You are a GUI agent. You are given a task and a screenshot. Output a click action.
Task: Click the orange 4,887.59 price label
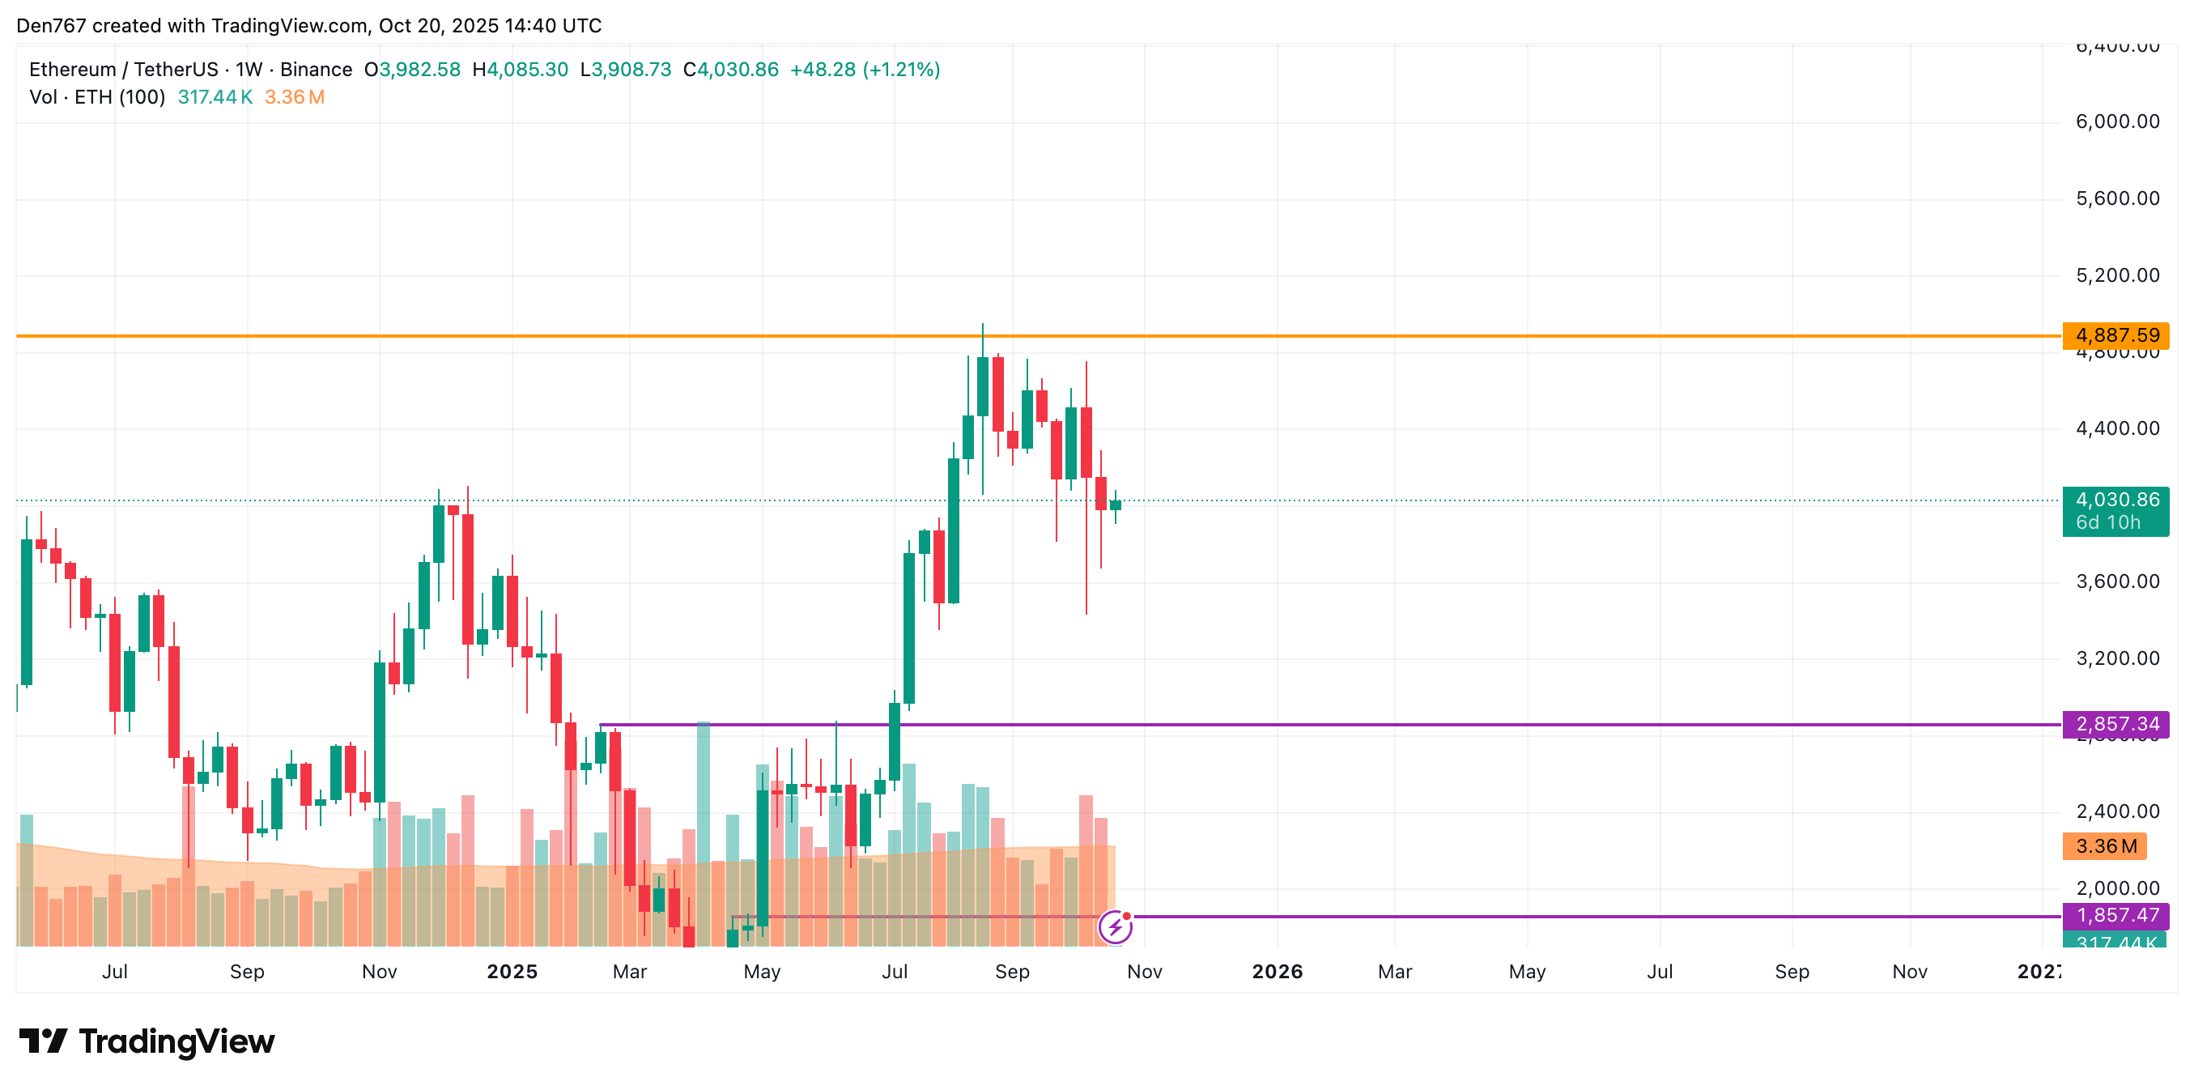[2115, 336]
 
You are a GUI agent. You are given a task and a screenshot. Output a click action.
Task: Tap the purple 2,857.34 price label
[2115, 725]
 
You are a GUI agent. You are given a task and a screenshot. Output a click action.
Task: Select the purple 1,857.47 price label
[2115, 915]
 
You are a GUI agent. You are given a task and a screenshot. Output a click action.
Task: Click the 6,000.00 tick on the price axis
[2117, 121]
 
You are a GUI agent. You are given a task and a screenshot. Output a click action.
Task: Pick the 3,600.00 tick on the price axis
[2117, 582]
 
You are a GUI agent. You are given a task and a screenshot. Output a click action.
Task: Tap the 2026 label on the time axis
[1277, 972]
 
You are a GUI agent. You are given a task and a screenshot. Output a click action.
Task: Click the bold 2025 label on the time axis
[512, 972]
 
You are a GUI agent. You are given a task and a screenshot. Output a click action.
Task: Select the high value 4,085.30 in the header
[527, 70]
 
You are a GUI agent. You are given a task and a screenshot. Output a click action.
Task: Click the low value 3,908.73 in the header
[631, 70]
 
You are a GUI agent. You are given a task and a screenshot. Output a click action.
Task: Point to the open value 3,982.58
[419, 70]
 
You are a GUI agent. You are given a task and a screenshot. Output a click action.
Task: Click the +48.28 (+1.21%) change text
[865, 70]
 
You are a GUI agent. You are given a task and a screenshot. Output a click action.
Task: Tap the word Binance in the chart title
[316, 70]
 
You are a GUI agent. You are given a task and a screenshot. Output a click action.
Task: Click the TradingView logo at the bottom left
[147, 1041]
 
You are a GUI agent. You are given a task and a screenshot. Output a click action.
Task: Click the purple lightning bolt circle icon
[1115, 927]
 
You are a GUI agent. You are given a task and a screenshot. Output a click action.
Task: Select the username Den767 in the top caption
[51, 26]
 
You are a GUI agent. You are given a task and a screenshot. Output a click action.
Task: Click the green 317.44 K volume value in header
[215, 97]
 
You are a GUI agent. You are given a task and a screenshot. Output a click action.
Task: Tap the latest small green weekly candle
[1115, 505]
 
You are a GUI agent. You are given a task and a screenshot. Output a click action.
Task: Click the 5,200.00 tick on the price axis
[2117, 275]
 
